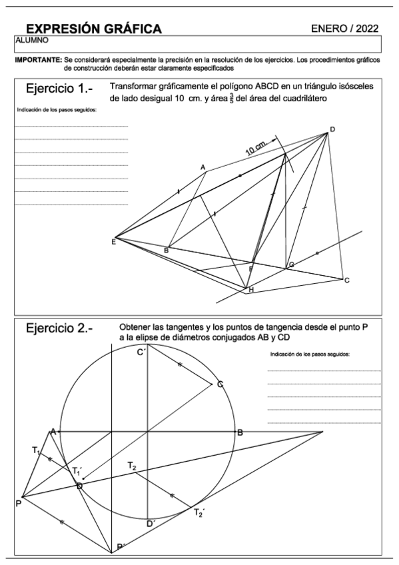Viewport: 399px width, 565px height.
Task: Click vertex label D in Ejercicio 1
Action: pos(332,129)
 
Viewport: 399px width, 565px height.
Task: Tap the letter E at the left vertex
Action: pos(114,241)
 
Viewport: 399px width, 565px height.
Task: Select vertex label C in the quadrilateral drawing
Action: pos(346,281)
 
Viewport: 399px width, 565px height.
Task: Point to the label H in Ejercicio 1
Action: pos(250,290)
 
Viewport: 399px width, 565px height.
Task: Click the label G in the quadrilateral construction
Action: pos(291,265)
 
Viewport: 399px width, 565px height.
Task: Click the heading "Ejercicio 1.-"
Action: pos(59,89)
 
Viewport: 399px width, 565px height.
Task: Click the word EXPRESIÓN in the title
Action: pos(61,28)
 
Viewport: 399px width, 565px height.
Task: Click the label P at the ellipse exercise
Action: pos(18,504)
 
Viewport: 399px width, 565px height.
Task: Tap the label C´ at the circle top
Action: pos(141,352)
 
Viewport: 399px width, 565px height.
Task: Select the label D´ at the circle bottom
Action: pos(151,524)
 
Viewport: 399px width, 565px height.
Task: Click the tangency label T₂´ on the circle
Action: pos(198,512)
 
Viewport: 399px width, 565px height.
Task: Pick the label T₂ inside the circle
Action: pos(133,466)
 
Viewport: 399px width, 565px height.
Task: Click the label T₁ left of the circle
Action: pos(36,451)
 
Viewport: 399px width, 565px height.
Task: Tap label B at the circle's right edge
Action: pos(240,432)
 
